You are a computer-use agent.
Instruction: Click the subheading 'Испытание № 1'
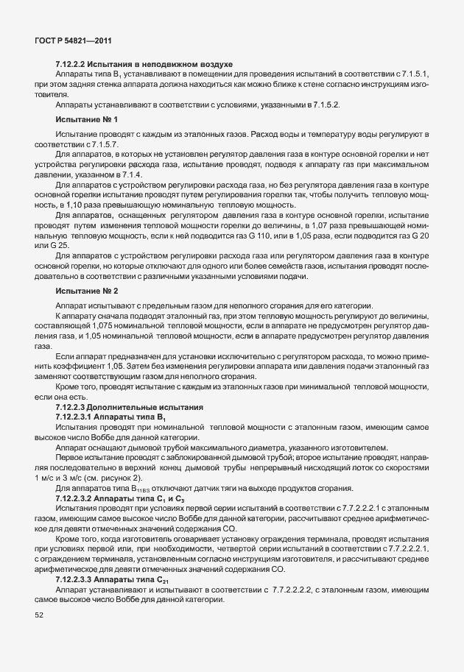point(86,119)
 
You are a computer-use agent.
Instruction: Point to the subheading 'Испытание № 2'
point(86,291)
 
